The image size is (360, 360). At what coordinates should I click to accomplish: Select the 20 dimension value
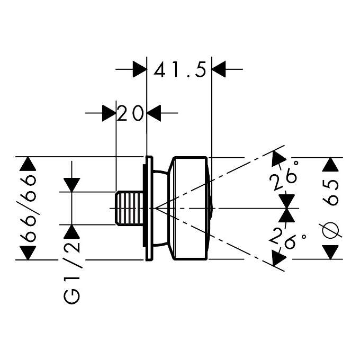click(x=131, y=113)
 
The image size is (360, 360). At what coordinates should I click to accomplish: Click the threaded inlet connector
click(x=129, y=208)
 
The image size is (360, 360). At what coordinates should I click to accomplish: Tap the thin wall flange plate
click(x=148, y=208)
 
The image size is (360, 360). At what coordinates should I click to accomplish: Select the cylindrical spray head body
click(x=190, y=208)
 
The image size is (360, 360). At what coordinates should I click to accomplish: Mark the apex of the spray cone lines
click(x=155, y=208)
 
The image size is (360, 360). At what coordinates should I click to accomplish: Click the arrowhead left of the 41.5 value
click(x=139, y=69)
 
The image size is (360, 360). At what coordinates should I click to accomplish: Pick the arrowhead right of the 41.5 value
click(x=219, y=69)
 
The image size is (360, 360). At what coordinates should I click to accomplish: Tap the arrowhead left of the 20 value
click(x=109, y=113)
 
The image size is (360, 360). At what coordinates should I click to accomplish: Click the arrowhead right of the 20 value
click(x=154, y=113)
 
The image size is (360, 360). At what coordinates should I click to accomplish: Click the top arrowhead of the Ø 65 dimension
click(x=331, y=164)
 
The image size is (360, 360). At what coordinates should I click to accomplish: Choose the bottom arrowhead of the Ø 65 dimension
click(x=331, y=253)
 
